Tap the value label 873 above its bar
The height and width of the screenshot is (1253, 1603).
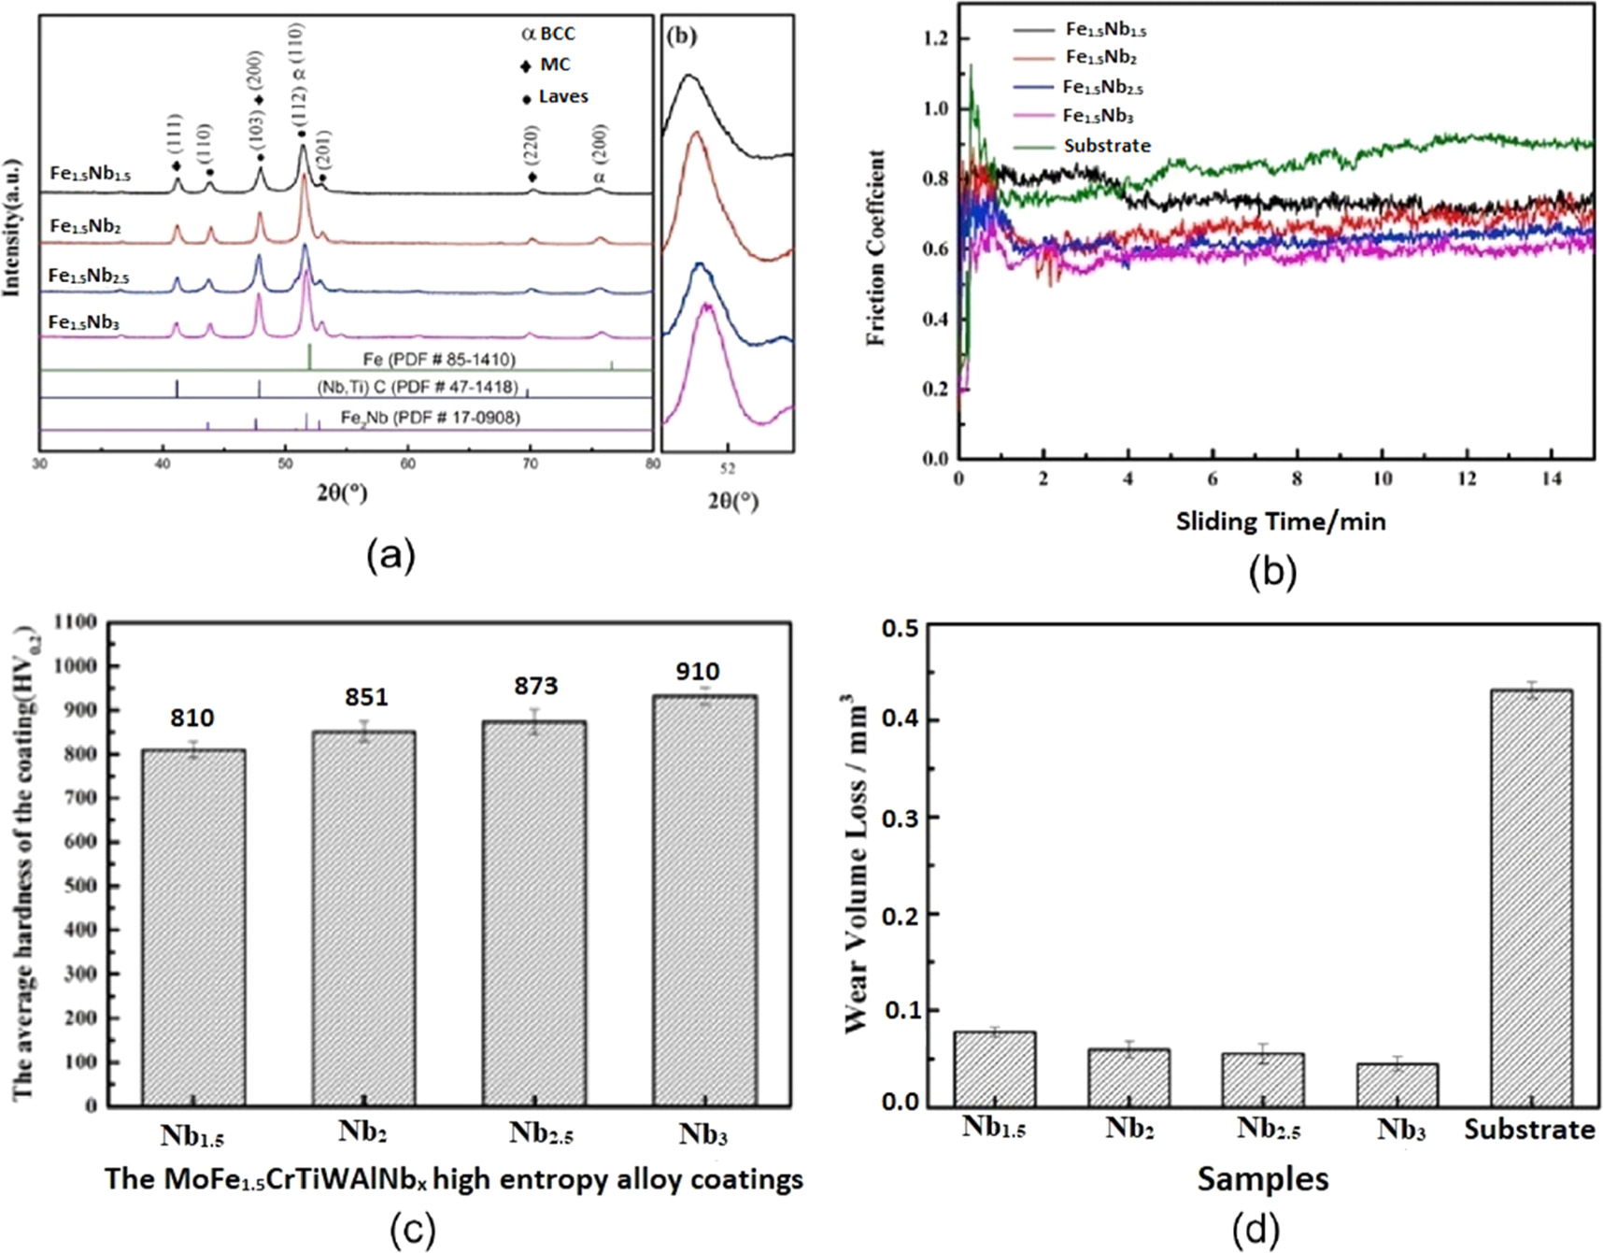pos(535,686)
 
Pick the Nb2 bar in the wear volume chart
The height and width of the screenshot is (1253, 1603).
pos(1128,1076)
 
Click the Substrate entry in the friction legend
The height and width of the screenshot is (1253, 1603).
pos(1107,146)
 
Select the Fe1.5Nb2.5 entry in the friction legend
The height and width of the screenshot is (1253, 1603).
pos(1102,88)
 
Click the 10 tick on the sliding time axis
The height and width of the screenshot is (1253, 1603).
pos(1382,479)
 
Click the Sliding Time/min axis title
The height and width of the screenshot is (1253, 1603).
pos(1280,521)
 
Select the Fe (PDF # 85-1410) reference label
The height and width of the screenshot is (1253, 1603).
pos(439,360)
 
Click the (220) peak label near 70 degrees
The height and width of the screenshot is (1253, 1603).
pos(532,145)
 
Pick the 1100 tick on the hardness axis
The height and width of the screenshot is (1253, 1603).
pos(77,622)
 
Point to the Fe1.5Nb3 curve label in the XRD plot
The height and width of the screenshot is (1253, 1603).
pos(84,323)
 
